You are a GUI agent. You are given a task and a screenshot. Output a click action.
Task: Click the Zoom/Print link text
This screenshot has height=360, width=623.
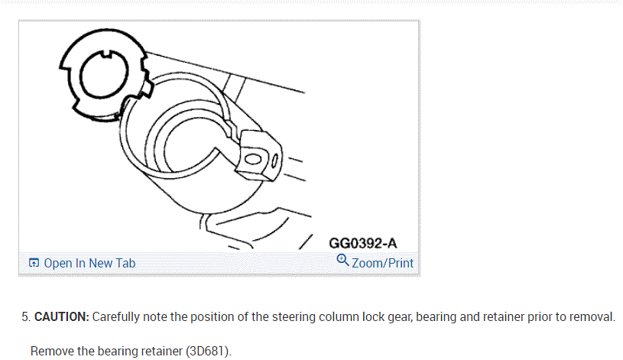click(382, 263)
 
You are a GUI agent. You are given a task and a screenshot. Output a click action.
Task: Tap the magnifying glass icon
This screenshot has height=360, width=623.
click(342, 261)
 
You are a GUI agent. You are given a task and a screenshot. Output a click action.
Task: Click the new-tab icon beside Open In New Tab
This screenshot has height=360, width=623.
click(34, 263)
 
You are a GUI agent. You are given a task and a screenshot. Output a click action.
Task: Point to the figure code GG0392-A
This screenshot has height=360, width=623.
click(363, 243)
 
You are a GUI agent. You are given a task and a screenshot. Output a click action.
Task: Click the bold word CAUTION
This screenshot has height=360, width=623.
click(62, 316)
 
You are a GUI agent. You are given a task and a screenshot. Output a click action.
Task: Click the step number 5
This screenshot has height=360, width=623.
click(26, 316)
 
